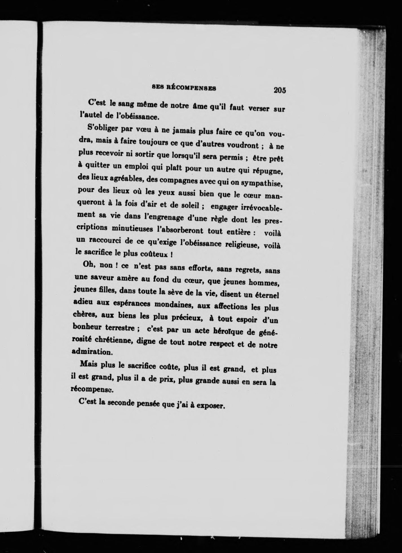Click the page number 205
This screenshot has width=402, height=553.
point(280,90)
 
